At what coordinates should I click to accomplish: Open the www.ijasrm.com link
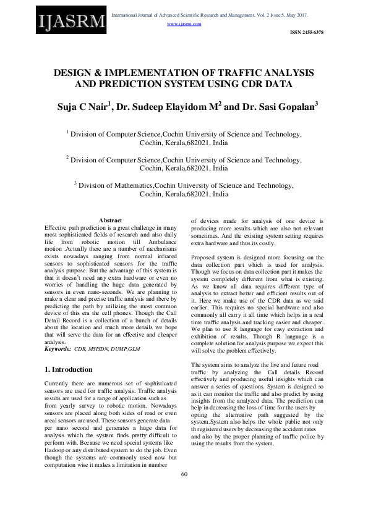click(x=184, y=23)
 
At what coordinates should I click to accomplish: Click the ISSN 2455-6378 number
click(x=306, y=32)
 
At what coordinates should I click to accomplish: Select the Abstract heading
click(x=110, y=220)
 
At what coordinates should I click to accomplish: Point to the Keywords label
click(x=58, y=350)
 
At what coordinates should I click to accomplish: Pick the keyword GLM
click(x=143, y=350)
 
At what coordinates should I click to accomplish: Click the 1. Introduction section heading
click(x=69, y=369)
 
